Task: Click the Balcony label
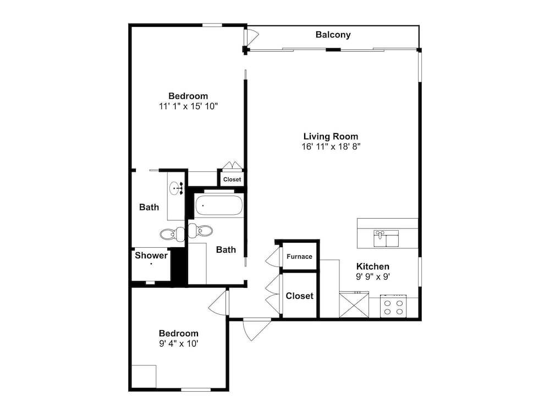click(x=333, y=35)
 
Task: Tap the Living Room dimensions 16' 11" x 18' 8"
click(x=331, y=147)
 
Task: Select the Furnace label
click(x=299, y=257)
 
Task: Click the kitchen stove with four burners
click(x=393, y=306)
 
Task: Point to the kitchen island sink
click(x=386, y=238)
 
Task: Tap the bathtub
click(x=219, y=205)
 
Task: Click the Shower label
click(x=151, y=255)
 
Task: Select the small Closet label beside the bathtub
click(x=232, y=180)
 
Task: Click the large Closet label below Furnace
click(x=300, y=296)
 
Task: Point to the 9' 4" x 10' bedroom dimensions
click(x=179, y=344)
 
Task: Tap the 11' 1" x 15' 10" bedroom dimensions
click(x=188, y=106)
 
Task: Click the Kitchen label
click(x=373, y=266)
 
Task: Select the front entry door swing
click(x=256, y=329)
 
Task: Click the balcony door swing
click(x=251, y=36)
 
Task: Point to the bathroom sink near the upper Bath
click(x=176, y=189)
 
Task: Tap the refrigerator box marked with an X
click(x=354, y=305)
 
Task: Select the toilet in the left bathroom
click(x=172, y=233)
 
